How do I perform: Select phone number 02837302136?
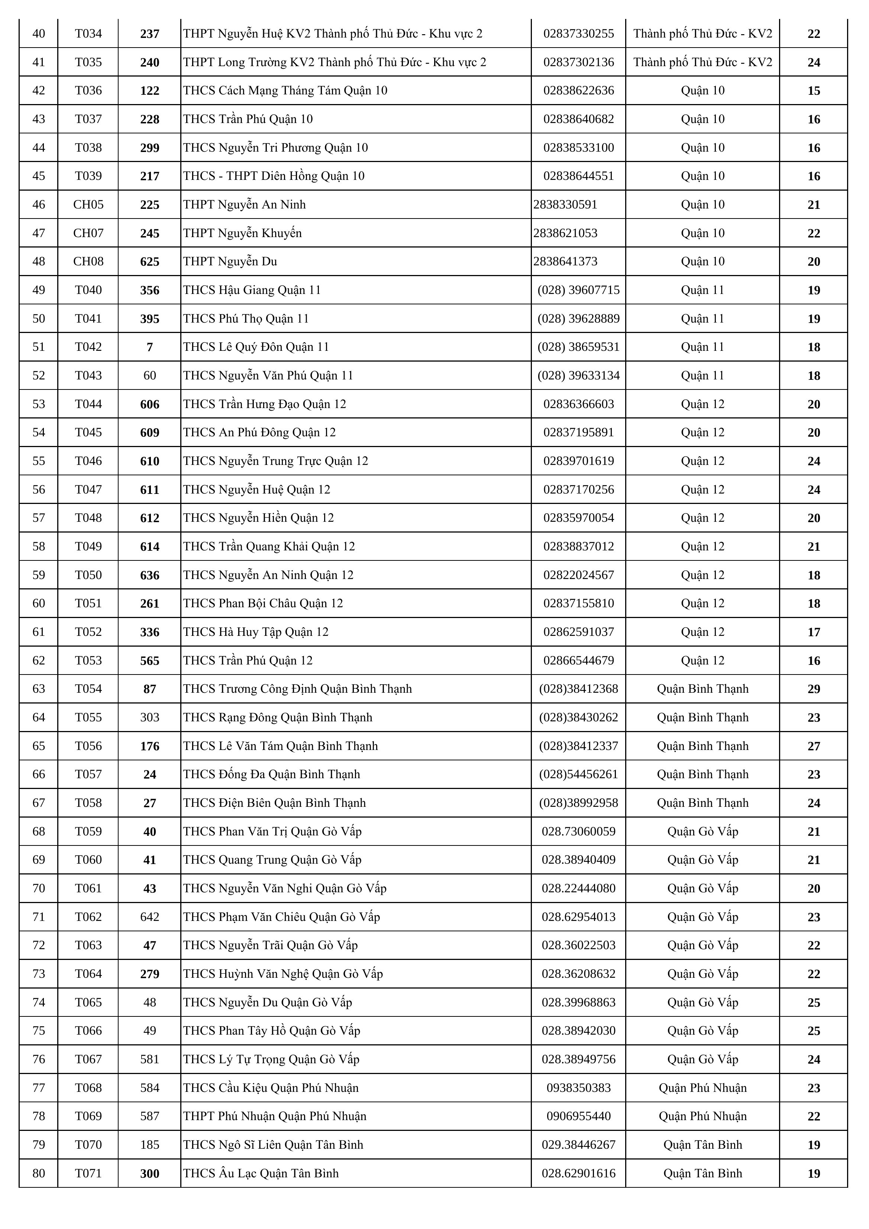coord(578,62)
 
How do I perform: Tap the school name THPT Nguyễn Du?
coord(230,261)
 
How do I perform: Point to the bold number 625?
coord(149,262)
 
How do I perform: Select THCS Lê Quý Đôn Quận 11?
coord(256,347)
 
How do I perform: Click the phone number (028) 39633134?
coord(578,375)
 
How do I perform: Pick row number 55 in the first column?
coord(39,461)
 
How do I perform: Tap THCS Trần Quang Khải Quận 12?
coord(269,547)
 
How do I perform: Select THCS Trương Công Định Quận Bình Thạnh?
coord(297,689)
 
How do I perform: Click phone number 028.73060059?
coord(578,831)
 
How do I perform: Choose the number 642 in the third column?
coord(149,917)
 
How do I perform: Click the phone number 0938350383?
coord(578,1088)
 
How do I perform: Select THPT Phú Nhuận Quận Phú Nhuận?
coord(275,1116)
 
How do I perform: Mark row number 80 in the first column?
coord(39,1173)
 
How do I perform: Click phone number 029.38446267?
coord(578,1144)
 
